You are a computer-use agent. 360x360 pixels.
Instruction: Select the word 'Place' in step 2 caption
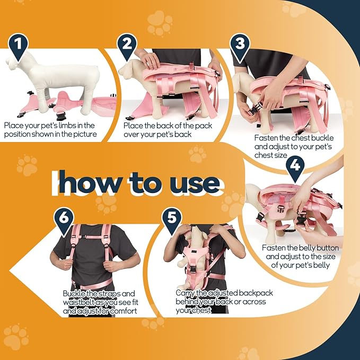(133, 126)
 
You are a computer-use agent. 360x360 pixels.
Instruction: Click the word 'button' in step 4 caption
(326, 248)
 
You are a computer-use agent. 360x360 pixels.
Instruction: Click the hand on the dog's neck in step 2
(149, 60)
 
